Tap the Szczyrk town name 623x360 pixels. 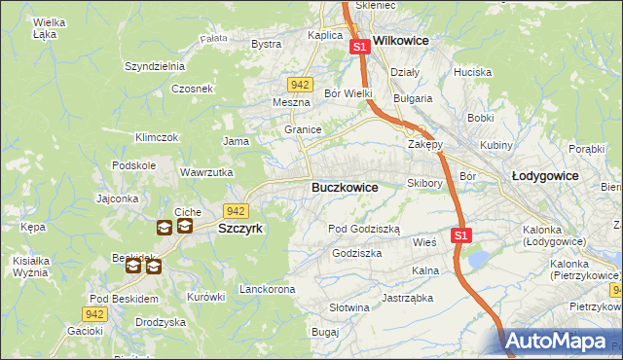point(240,228)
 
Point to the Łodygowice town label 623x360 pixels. point(545,176)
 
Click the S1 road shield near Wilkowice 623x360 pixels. point(359,46)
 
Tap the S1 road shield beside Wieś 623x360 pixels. point(461,235)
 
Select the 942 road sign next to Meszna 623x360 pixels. point(300,85)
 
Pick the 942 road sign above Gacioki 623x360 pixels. point(93,313)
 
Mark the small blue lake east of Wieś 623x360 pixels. point(478,259)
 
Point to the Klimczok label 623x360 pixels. point(157,137)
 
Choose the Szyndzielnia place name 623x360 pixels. point(155,66)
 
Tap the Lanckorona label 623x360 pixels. point(267,290)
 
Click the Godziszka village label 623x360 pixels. point(356,252)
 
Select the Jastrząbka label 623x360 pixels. point(407,298)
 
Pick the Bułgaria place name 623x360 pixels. point(412,98)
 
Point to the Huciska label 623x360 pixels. point(472,72)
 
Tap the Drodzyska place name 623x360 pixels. point(161,322)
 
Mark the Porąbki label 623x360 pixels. point(587,149)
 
